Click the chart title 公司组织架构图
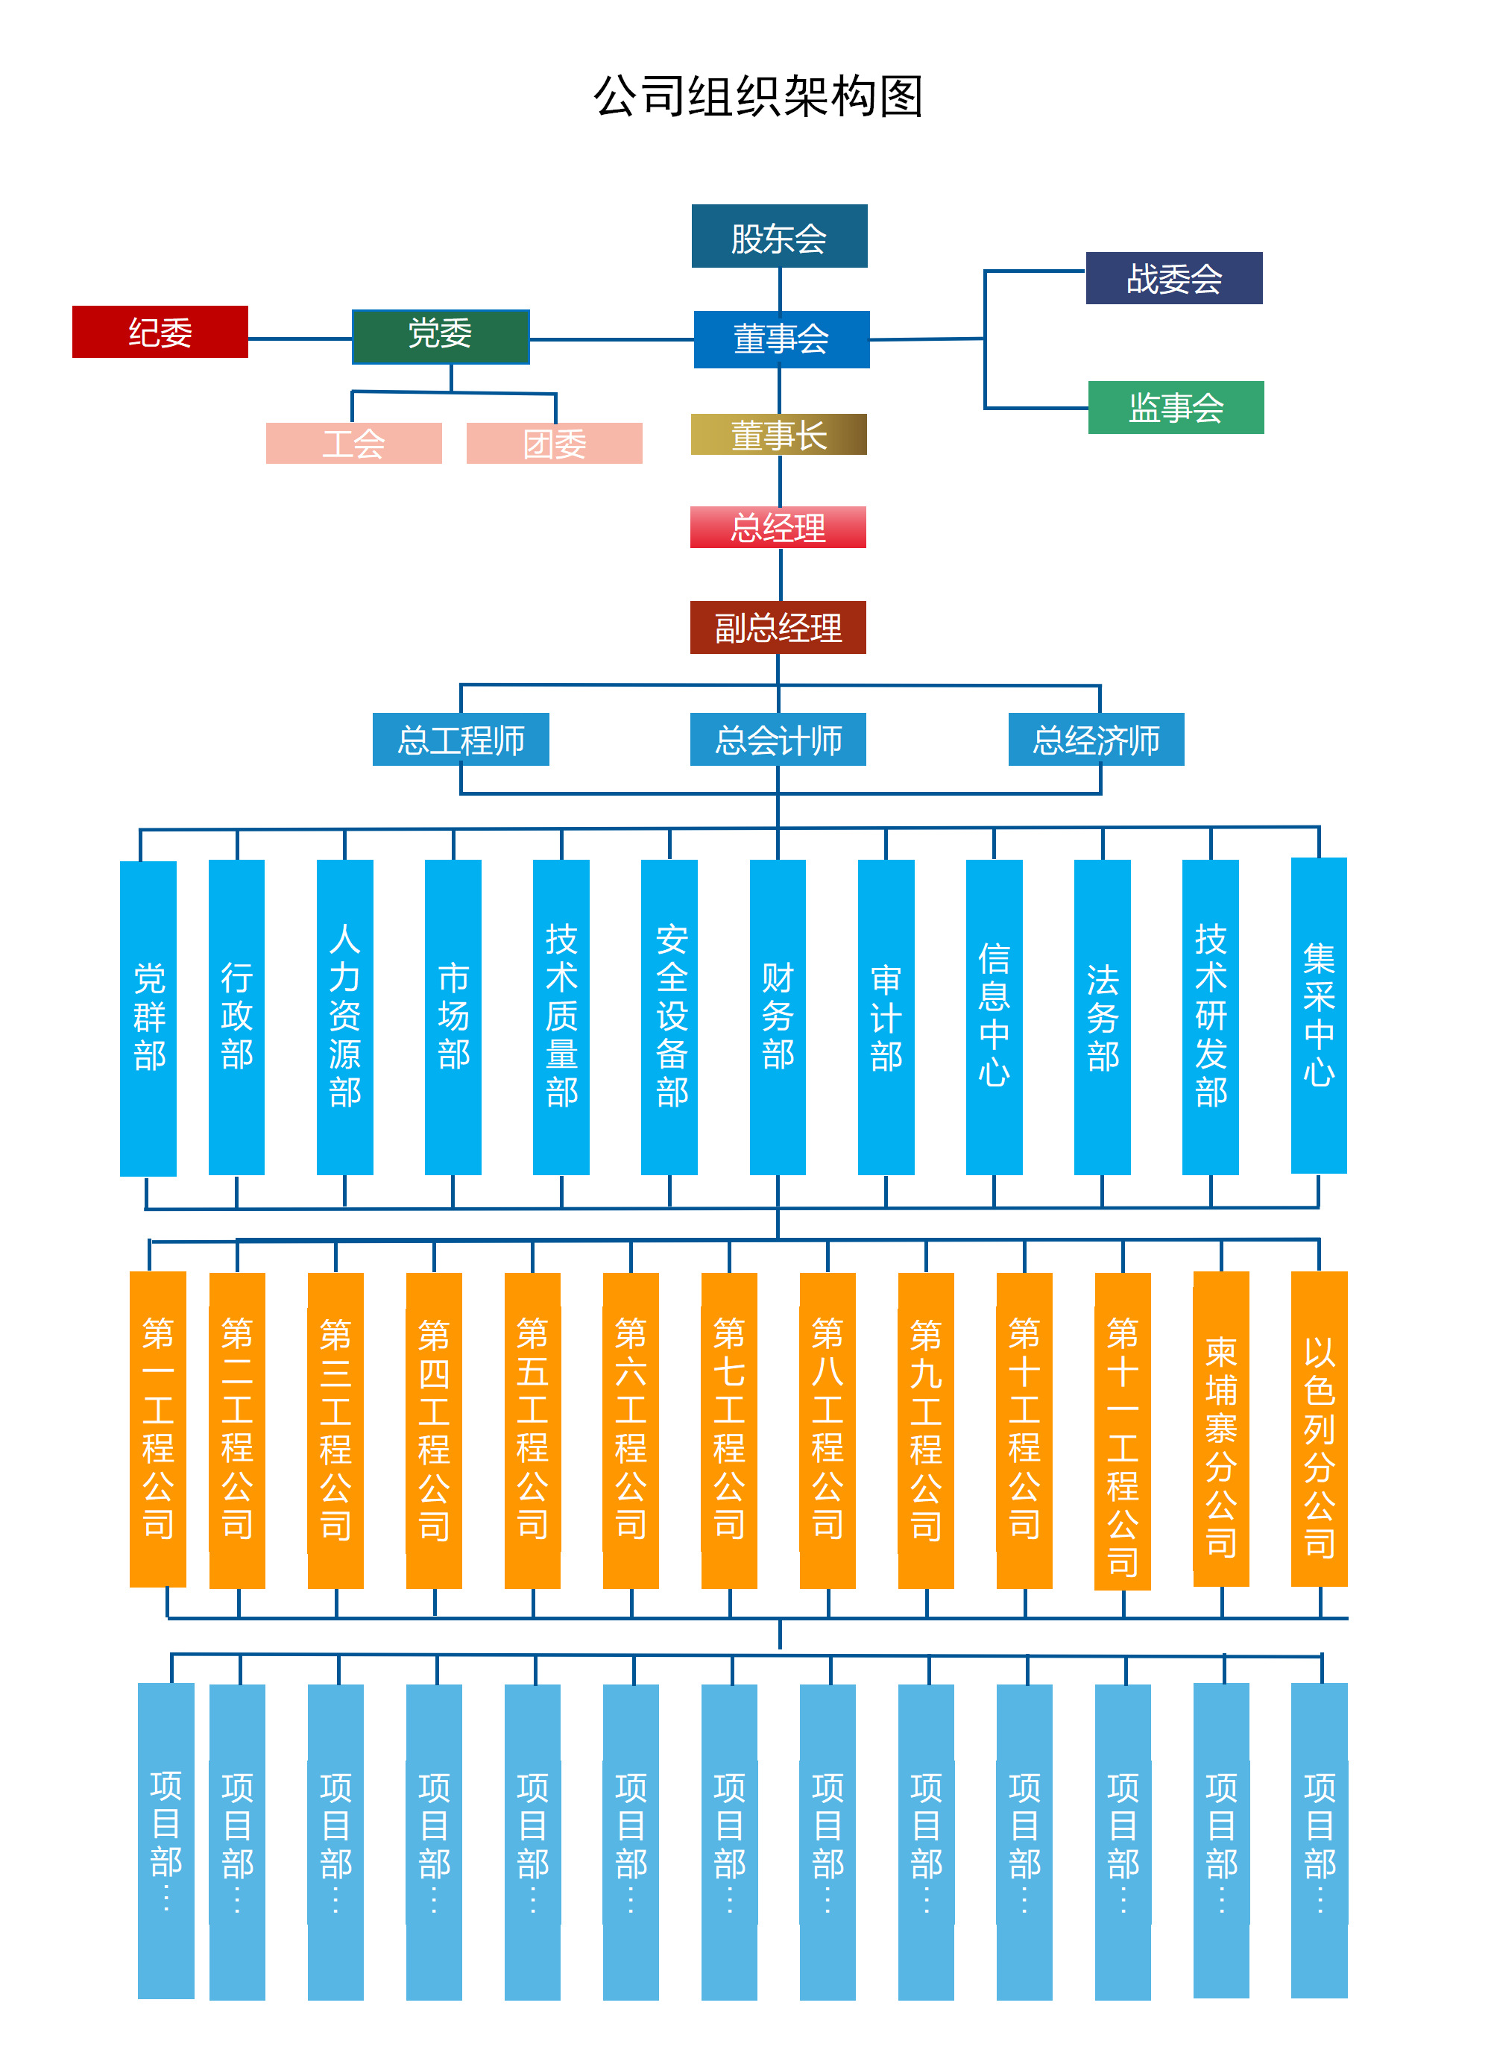(758, 97)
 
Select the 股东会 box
(778, 236)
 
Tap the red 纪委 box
(160, 333)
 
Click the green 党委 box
(440, 336)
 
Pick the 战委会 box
(1173, 278)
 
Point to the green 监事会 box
(1175, 407)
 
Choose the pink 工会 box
(353, 444)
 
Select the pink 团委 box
(554, 444)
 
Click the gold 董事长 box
(778, 435)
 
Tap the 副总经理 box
(778, 627)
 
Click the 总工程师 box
(461, 739)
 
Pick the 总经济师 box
(1095, 739)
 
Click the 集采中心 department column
(1319, 1015)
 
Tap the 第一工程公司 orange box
(158, 1429)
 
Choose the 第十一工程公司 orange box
(1123, 1430)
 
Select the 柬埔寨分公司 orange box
(1221, 1429)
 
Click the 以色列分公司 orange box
(1319, 1429)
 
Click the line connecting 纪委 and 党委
(299, 339)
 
